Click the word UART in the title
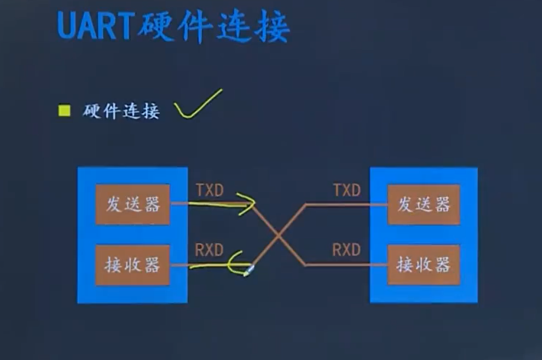coord(95,27)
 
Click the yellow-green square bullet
coord(64,111)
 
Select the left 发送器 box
coord(132,204)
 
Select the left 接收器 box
coord(132,265)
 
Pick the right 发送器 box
coord(423,204)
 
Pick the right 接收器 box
coord(423,265)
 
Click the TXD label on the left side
coord(210,190)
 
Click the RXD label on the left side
coord(210,250)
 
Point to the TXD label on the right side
coord(347,190)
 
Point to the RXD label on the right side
coord(346,250)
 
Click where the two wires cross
coord(278,235)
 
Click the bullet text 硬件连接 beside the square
coord(121,112)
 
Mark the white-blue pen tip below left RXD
coord(248,272)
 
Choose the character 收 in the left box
coord(132,265)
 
